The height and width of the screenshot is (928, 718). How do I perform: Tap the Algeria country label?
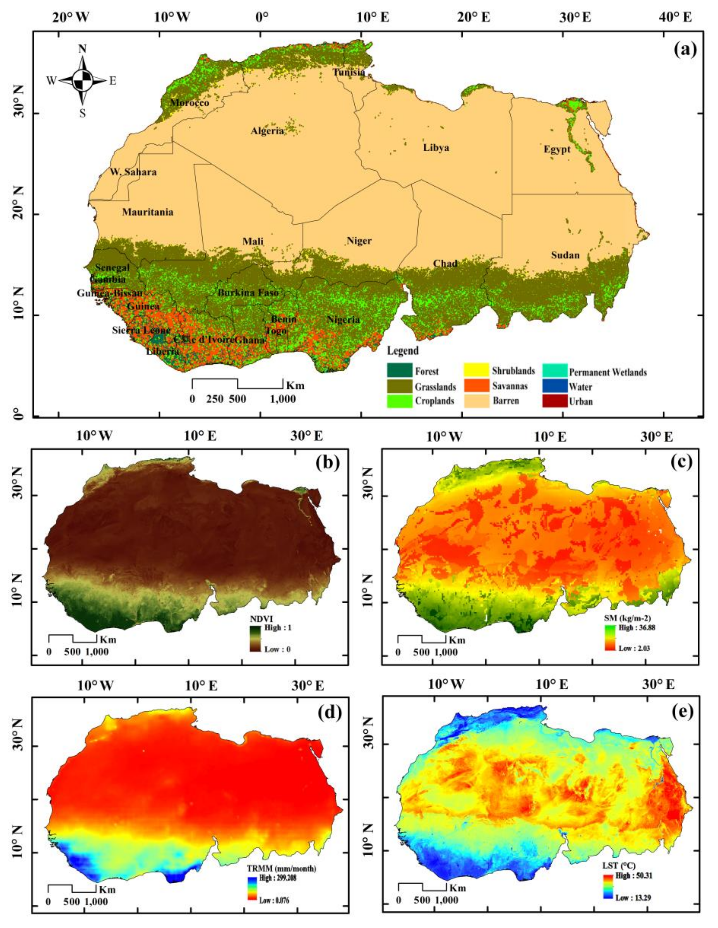(267, 131)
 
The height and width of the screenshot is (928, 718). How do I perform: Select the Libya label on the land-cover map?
(436, 148)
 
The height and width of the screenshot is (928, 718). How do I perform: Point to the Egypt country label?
(557, 150)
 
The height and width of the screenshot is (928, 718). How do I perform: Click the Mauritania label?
(148, 212)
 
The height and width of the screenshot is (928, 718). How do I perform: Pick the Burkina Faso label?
(248, 293)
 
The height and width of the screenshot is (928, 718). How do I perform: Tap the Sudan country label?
(565, 255)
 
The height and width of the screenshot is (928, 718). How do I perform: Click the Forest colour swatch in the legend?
(399, 370)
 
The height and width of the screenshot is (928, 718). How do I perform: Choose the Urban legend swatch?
(554, 401)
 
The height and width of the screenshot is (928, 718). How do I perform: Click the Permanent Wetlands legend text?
(607, 373)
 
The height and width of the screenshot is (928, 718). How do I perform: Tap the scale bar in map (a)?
(237, 383)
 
